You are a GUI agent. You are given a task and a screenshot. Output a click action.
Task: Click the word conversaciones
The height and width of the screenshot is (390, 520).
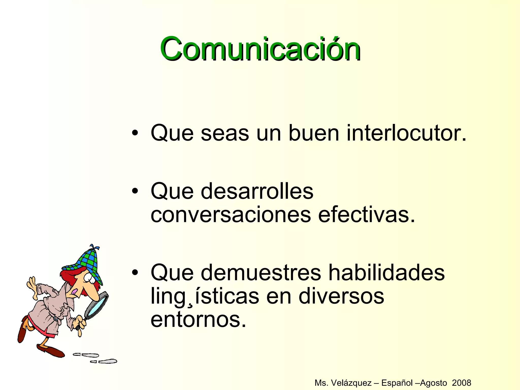pyautogui.click(x=231, y=215)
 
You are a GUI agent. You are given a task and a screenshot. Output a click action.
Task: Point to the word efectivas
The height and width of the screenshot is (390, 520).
pyautogui.click(x=366, y=215)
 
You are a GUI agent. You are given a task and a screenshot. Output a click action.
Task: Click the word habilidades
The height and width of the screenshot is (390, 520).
pyautogui.click(x=386, y=272)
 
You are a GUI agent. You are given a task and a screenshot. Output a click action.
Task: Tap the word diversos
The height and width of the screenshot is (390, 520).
pyautogui.click(x=341, y=296)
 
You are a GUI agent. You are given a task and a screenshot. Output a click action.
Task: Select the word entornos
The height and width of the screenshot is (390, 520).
pyautogui.click(x=198, y=320)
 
